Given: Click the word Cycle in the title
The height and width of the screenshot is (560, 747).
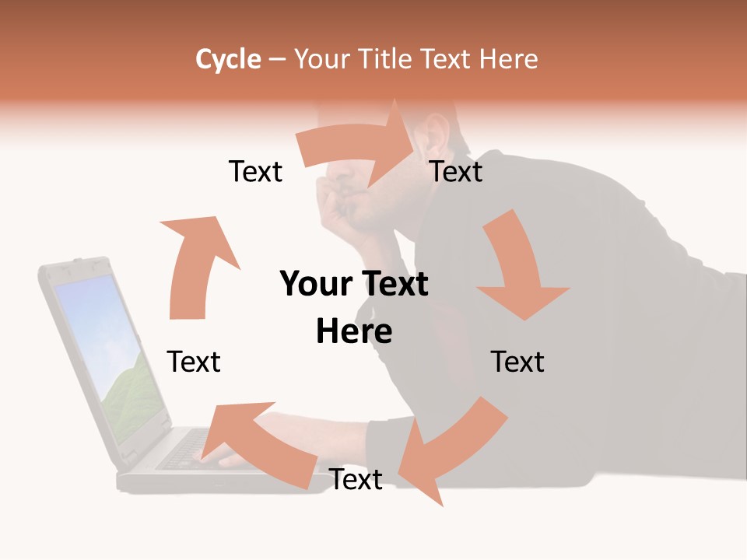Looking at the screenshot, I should [228, 59].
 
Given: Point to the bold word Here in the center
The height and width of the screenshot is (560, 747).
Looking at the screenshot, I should [354, 332].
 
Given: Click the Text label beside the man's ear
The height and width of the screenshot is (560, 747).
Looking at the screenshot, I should [456, 171].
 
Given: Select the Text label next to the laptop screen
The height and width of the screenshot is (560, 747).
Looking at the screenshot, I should [194, 362].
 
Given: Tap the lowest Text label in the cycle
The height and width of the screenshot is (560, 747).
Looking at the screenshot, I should [356, 480].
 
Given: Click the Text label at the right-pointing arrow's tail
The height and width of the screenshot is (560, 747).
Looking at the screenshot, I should [255, 171].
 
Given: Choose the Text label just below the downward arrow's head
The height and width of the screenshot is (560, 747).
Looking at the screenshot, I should [517, 362].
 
